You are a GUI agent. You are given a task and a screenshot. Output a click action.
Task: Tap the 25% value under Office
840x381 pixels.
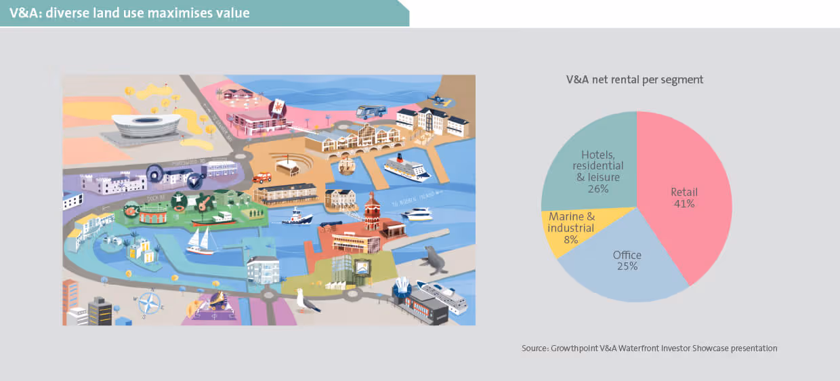click(x=627, y=266)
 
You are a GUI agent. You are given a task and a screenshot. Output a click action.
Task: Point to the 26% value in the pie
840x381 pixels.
click(x=598, y=188)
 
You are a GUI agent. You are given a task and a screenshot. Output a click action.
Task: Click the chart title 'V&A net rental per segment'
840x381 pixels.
click(x=634, y=79)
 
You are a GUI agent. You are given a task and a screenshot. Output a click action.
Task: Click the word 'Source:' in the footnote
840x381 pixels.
click(x=536, y=348)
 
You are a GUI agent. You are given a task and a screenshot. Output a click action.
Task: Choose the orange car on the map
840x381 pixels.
click(x=262, y=178)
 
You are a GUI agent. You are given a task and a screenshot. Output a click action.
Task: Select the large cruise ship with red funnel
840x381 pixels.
click(x=406, y=167)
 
